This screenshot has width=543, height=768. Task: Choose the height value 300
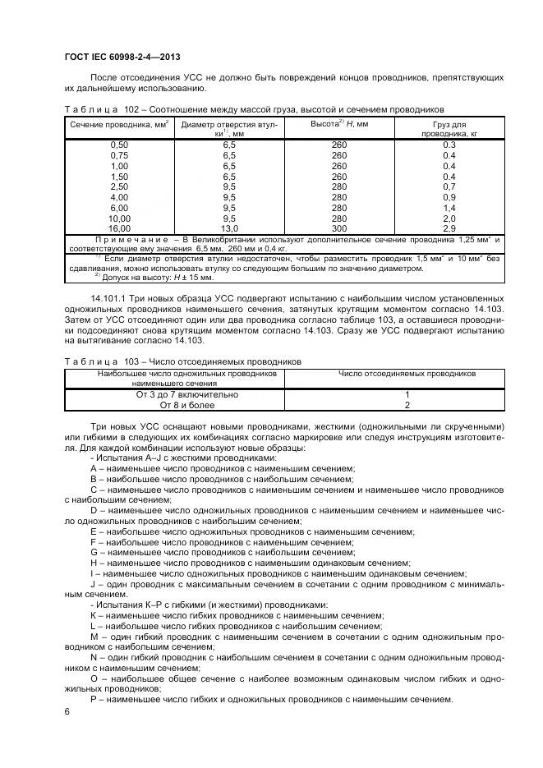coord(339,229)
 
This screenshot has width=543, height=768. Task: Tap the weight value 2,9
coord(449,229)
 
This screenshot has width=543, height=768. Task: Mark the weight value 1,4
coord(449,208)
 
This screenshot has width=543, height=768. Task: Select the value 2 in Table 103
coord(407,405)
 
